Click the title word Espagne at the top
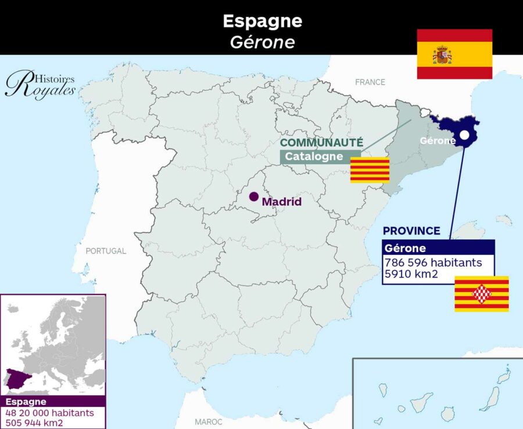262,21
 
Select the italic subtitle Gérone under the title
262,42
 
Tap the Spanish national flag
454,54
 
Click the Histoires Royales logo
40,85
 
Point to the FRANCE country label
370,82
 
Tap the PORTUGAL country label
106,251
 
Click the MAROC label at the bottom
209,421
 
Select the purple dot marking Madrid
254,196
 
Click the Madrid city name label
282,202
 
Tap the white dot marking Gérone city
464,135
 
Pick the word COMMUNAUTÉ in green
321,143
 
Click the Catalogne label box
314,157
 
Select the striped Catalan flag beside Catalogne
370,170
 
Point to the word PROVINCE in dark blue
411,231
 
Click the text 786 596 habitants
433,262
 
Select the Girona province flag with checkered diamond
481,294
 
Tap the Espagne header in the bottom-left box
26,402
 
